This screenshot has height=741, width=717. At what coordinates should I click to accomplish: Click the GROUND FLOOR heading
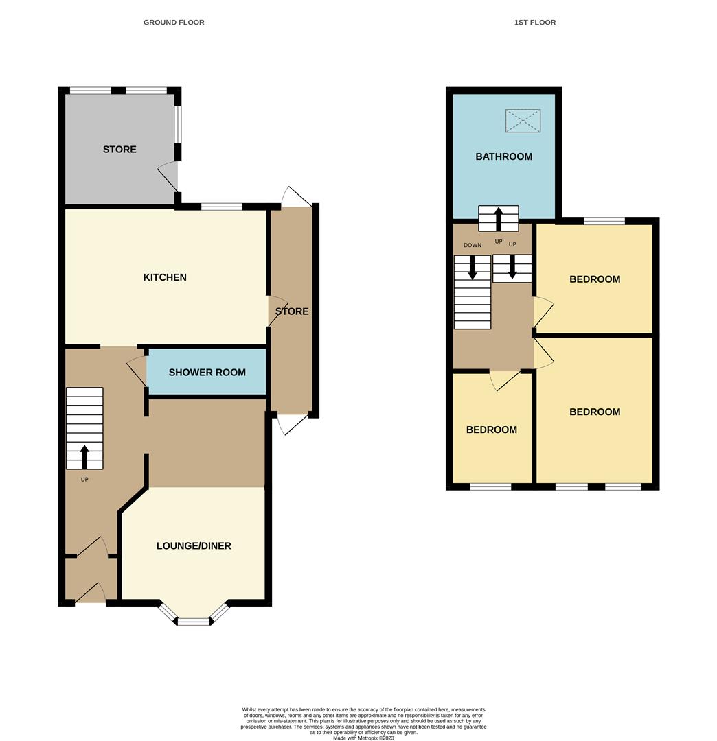[174, 23]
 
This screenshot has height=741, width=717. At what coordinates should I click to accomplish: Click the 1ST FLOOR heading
[535, 23]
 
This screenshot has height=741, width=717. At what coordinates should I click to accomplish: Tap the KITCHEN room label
[165, 277]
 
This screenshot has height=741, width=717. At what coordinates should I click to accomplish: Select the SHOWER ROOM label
[207, 373]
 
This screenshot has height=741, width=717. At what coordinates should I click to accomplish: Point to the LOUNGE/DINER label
[194, 546]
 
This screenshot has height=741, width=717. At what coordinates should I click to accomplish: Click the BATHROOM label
[503, 156]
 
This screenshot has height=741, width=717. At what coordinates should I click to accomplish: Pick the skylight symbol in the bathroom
[523, 121]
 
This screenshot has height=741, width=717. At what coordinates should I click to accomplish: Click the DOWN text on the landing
[473, 245]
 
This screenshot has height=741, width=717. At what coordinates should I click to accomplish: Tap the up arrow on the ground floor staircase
[84, 456]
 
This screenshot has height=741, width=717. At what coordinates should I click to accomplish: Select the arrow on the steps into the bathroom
[499, 218]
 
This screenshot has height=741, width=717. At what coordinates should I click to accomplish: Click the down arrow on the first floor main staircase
[473, 268]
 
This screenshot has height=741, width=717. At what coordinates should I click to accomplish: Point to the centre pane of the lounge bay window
[194, 622]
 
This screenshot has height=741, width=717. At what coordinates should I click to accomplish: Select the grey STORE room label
[119, 150]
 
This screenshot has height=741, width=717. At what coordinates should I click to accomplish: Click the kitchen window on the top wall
[222, 207]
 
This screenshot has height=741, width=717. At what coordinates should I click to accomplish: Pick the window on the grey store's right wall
[178, 124]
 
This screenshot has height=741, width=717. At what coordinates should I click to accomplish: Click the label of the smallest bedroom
[492, 430]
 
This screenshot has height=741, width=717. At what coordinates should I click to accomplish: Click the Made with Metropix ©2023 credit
[364, 738]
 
